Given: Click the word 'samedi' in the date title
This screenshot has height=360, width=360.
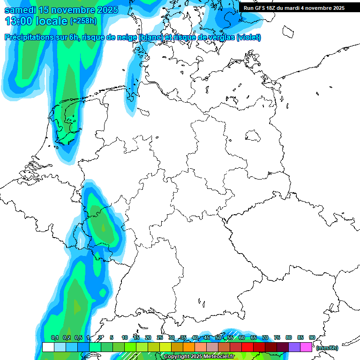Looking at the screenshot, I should tap(21, 10).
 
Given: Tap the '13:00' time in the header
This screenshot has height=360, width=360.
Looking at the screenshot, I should tap(19, 21).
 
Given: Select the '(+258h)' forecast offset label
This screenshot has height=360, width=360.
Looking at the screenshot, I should tap(83, 21).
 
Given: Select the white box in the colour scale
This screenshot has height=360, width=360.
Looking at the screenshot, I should tap(48, 347).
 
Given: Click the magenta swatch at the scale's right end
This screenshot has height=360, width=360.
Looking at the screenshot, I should tap(306, 347).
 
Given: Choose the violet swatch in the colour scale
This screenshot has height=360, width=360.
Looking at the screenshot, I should tap(294, 347).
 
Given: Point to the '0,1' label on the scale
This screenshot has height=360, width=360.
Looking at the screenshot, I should tap(55, 337).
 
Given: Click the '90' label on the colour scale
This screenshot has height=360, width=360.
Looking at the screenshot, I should tap(312, 337).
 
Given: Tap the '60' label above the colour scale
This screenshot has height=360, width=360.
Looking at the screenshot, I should tap(241, 337).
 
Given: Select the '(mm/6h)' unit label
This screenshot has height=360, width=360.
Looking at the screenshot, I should tap(327, 348).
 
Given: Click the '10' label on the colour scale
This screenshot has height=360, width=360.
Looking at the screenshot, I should tap(124, 337).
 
